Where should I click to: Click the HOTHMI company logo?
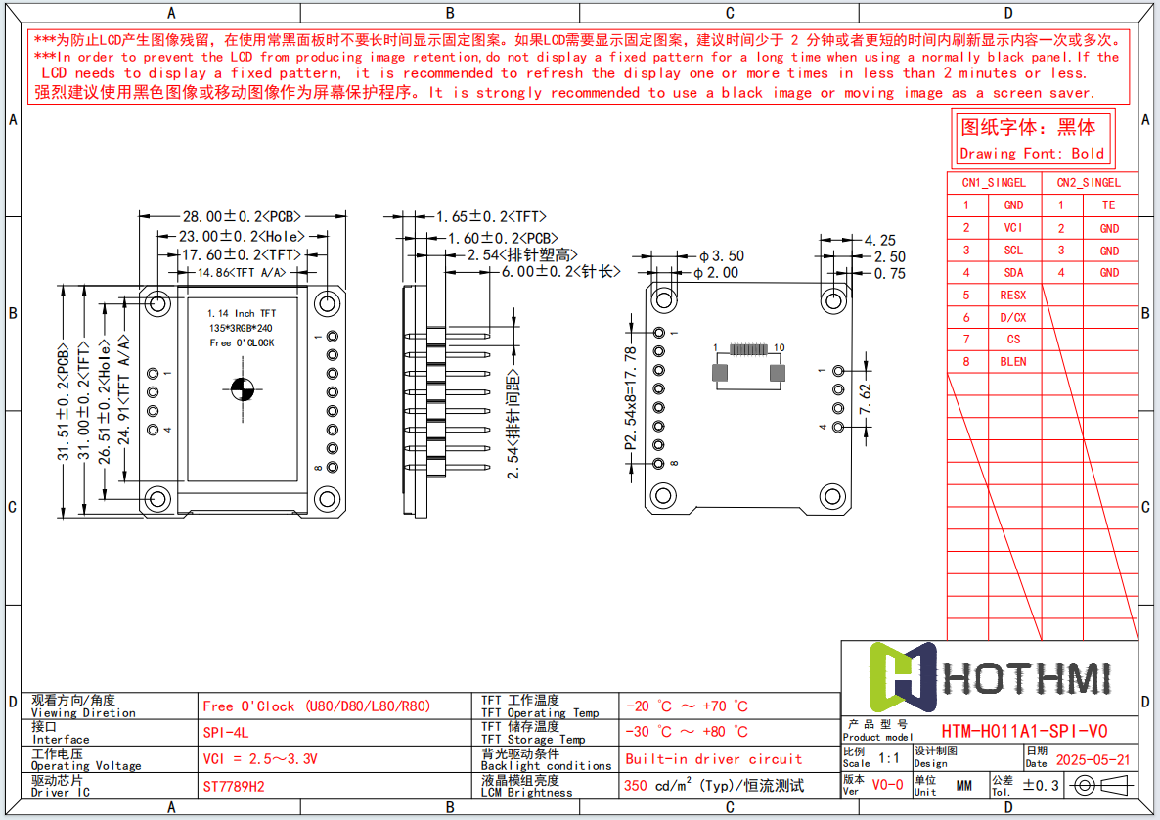coord(989,678)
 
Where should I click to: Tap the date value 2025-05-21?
coord(1093,760)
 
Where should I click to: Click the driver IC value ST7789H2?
coord(234,786)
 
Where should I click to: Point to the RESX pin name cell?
coord(1013,295)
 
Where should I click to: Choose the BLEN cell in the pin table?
coord(1013,362)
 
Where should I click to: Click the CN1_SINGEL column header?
coord(994,183)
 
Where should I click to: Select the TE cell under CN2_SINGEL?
coord(1108,205)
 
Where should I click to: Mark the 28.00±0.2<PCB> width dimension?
coord(241,216)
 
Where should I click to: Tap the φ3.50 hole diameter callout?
coord(722,256)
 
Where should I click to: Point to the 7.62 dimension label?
coord(864,399)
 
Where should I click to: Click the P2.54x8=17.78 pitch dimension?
coord(631,398)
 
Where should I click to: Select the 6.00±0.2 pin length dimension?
coord(560,272)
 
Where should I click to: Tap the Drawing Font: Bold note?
coord(1032,154)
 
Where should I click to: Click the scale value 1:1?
coord(890,758)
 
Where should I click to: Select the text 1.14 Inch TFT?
coord(242,313)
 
